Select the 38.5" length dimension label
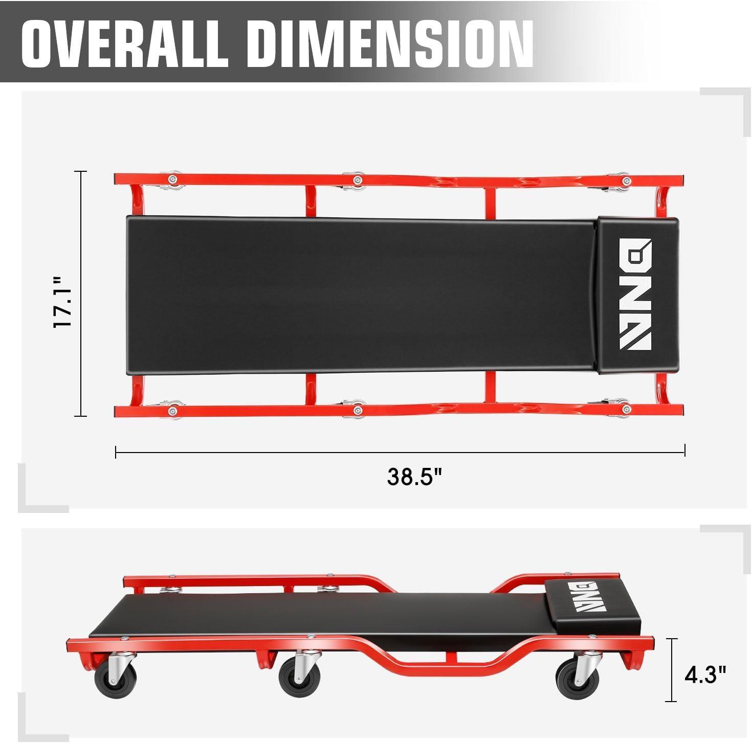tap(414, 477)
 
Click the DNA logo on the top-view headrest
tap(635, 294)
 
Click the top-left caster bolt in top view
tap(172, 178)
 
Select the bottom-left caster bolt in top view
tap(172, 410)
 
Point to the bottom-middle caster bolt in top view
tap(358, 409)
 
